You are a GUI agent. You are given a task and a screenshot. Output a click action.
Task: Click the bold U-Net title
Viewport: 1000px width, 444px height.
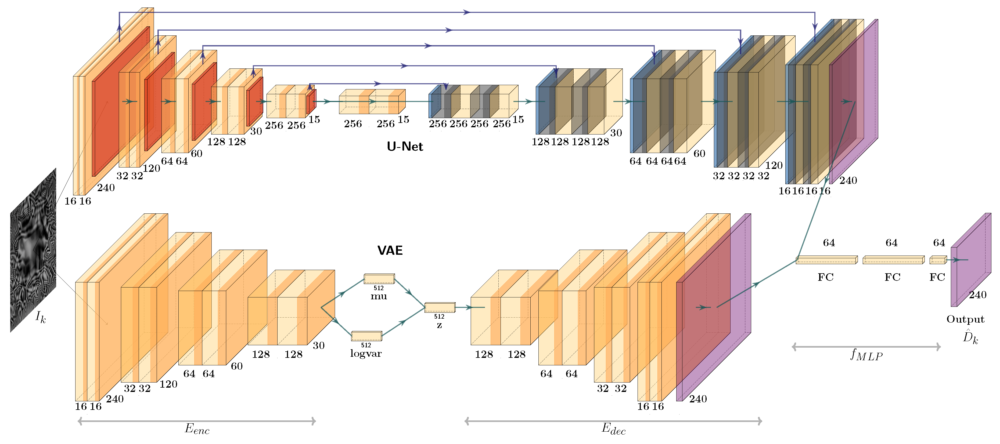coord(405,147)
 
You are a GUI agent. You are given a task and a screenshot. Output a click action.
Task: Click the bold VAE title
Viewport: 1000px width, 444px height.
coord(390,250)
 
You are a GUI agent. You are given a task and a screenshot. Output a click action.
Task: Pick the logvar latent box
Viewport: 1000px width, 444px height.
coord(366,336)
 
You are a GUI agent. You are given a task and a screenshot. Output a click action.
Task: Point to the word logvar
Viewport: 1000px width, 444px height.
coord(366,353)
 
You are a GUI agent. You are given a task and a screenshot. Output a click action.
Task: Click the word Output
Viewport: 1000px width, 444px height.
coord(965,319)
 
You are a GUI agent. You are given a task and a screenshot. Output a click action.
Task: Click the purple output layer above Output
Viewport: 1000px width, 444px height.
coord(970,260)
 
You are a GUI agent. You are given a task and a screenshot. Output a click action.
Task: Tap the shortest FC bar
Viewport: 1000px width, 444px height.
coord(938,260)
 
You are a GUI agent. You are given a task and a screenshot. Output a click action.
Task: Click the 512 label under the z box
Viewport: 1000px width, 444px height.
coord(439,316)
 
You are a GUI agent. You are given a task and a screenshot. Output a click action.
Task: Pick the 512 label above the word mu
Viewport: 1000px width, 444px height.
coord(379,288)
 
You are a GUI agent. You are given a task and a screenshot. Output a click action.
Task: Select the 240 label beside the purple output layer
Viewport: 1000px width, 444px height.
coord(977,295)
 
